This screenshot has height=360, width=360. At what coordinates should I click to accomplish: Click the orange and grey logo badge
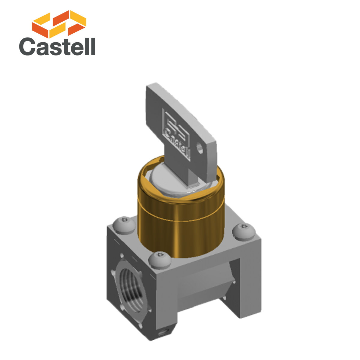[57, 33]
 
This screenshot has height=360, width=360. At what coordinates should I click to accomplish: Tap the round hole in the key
[199, 147]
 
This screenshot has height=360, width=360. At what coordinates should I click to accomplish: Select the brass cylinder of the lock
[180, 228]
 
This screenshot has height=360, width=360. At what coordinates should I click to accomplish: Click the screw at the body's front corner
[160, 259]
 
